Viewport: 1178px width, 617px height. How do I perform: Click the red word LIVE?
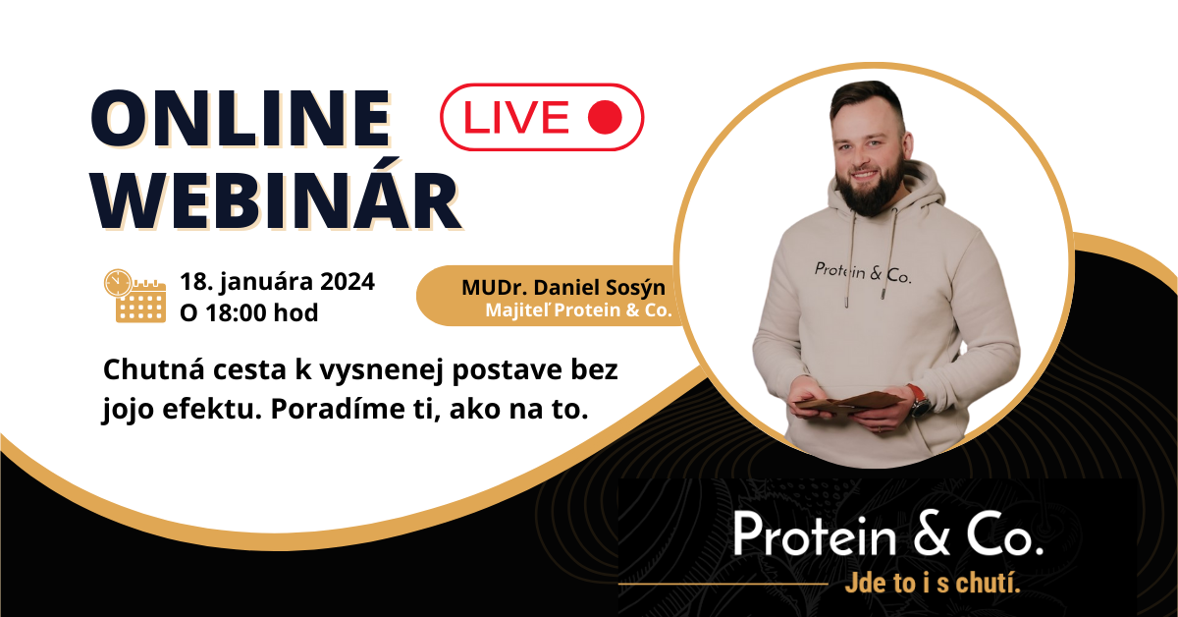(x=516, y=117)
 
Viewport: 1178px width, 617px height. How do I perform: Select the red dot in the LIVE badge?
(x=605, y=117)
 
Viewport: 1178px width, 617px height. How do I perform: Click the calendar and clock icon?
(x=134, y=296)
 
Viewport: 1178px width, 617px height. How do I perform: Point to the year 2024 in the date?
(x=348, y=282)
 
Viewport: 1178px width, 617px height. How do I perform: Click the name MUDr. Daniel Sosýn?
(x=563, y=288)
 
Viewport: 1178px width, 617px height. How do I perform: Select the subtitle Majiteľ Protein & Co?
(x=578, y=310)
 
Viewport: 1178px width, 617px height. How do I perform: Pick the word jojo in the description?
(x=128, y=410)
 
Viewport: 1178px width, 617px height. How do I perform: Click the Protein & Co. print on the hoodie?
(x=863, y=273)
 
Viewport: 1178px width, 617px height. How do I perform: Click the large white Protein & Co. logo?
(x=887, y=533)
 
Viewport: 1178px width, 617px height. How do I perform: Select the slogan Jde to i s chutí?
(x=933, y=584)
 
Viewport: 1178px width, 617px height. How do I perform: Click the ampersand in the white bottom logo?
(x=931, y=534)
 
